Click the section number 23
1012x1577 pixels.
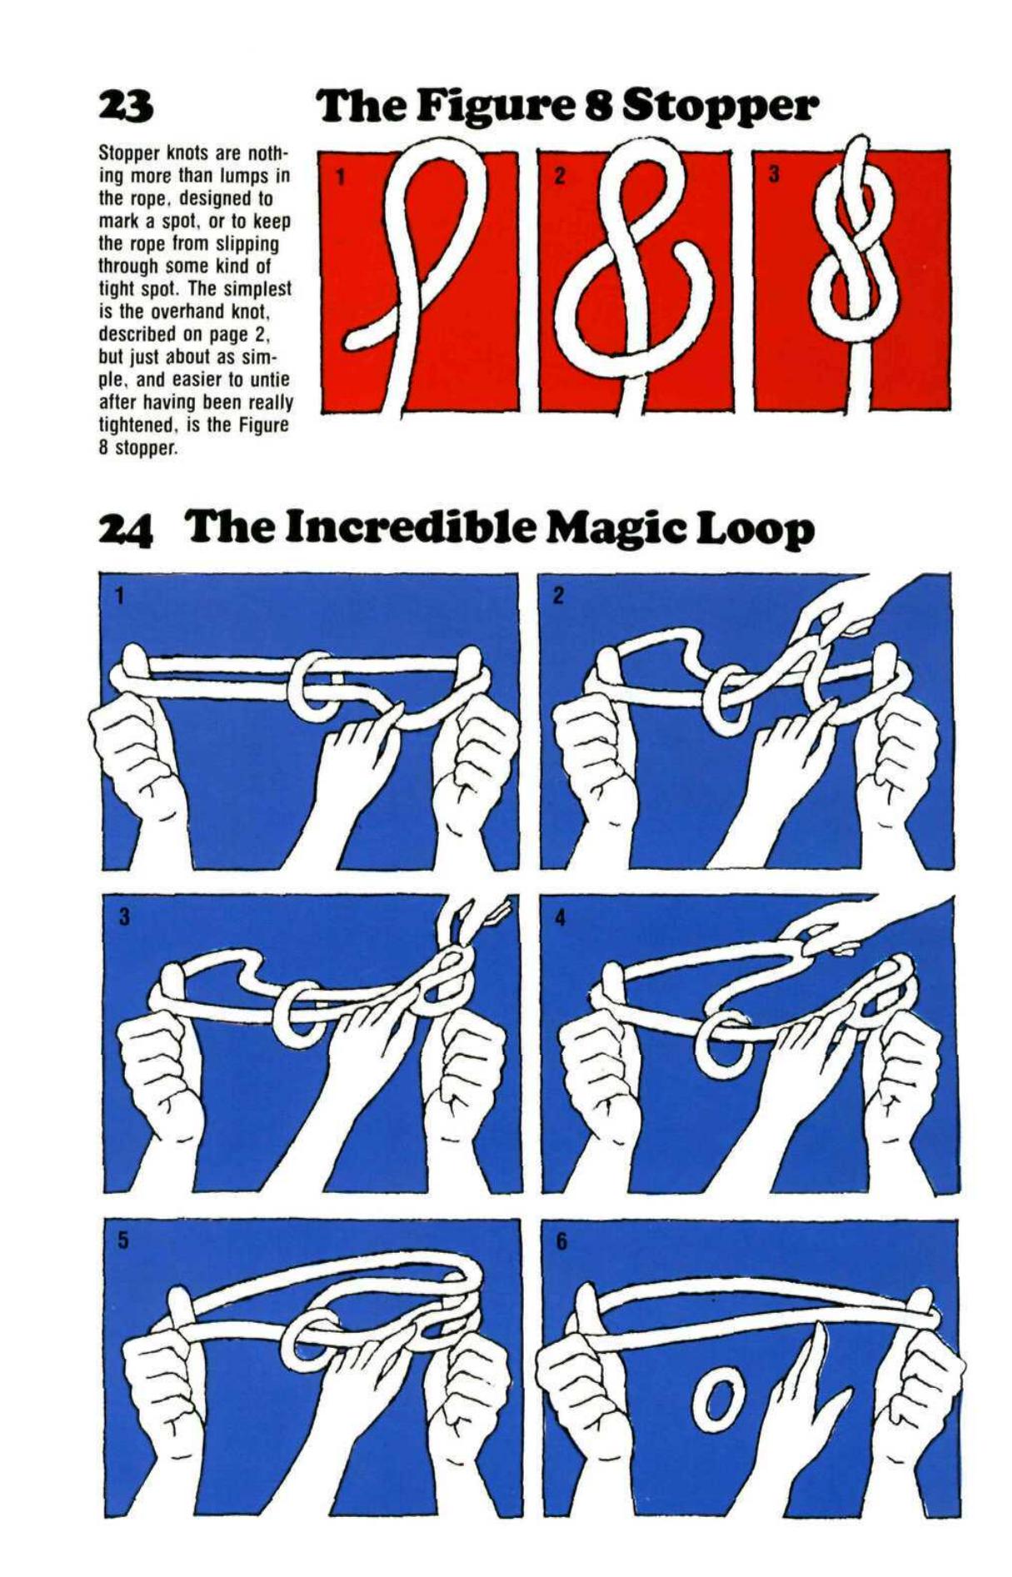point(125,105)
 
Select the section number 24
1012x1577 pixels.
point(126,531)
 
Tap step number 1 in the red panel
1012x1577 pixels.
point(339,176)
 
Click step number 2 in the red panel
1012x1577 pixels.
point(559,176)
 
